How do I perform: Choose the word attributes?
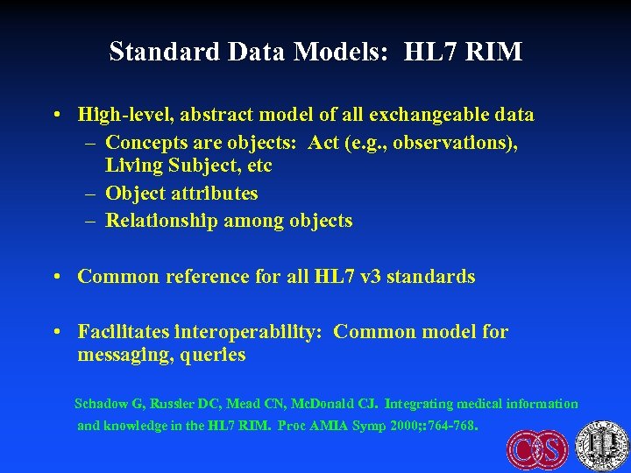[x=215, y=193]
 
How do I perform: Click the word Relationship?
[x=161, y=221]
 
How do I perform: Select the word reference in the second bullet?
[x=195, y=277]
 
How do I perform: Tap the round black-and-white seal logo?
[x=602, y=445]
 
